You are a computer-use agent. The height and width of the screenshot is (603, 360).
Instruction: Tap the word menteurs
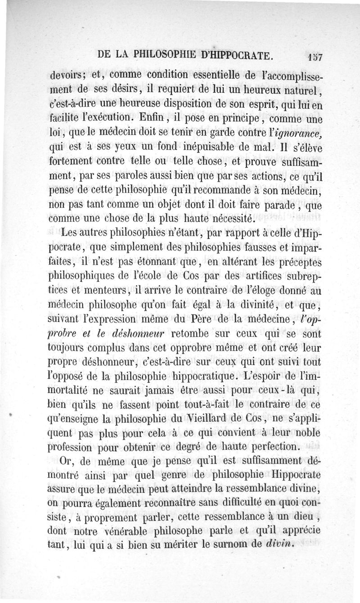98,292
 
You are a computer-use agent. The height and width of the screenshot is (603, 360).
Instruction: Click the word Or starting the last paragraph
66,463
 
